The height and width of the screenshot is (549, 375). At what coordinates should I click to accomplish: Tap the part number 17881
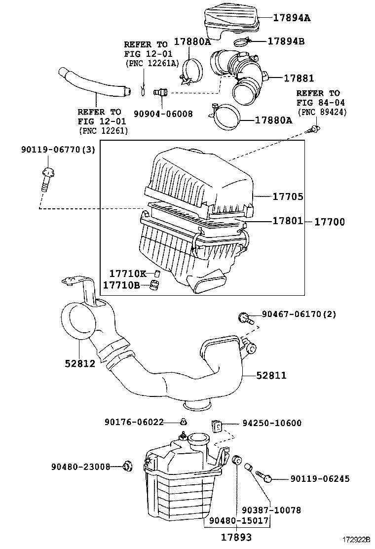point(298,78)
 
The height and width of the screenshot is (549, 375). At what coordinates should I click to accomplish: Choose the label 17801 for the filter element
point(288,222)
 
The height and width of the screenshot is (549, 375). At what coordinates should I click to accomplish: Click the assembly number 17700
point(330,222)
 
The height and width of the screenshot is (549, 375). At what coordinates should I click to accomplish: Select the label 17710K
point(127,274)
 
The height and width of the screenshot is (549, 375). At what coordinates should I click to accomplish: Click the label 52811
point(271,376)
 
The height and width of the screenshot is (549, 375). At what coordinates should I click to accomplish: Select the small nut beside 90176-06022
point(184,422)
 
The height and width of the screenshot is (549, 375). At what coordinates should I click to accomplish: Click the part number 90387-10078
point(271,510)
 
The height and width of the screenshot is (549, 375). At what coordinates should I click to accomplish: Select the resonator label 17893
point(236,537)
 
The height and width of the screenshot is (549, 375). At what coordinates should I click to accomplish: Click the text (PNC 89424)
point(322,113)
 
